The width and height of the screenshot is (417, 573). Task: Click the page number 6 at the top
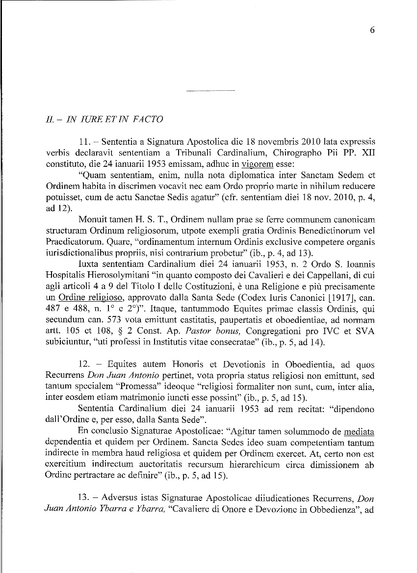[372, 30]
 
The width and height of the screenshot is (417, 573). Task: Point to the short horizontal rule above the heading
[211, 91]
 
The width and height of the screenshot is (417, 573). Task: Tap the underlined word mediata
[360, 432]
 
